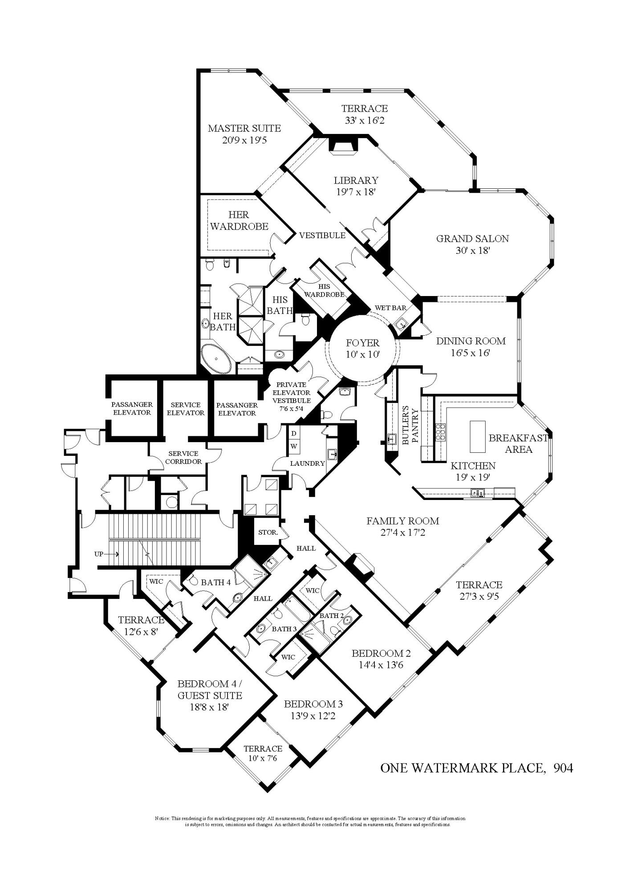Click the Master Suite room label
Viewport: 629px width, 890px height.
coord(244,128)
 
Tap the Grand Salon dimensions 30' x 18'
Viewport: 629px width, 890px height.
coord(472,251)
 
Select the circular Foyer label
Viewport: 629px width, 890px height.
coord(362,343)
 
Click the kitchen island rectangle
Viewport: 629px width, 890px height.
coord(477,436)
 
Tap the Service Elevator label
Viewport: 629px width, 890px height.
coord(186,408)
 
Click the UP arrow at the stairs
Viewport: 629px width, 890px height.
coord(106,554)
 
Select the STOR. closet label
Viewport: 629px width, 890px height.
coord(268,532)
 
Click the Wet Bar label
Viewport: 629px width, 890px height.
coord(390,308)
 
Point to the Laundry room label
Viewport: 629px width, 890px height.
coord(307,463)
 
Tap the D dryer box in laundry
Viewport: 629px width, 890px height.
coord(294,433)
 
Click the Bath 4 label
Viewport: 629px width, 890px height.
coord(216,582)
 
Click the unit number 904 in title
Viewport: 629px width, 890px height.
coord(563,768)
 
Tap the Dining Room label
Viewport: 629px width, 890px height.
coord(471,341)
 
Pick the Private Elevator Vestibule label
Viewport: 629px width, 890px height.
coord(292,392)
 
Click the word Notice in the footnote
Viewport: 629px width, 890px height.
coord(162,818)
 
